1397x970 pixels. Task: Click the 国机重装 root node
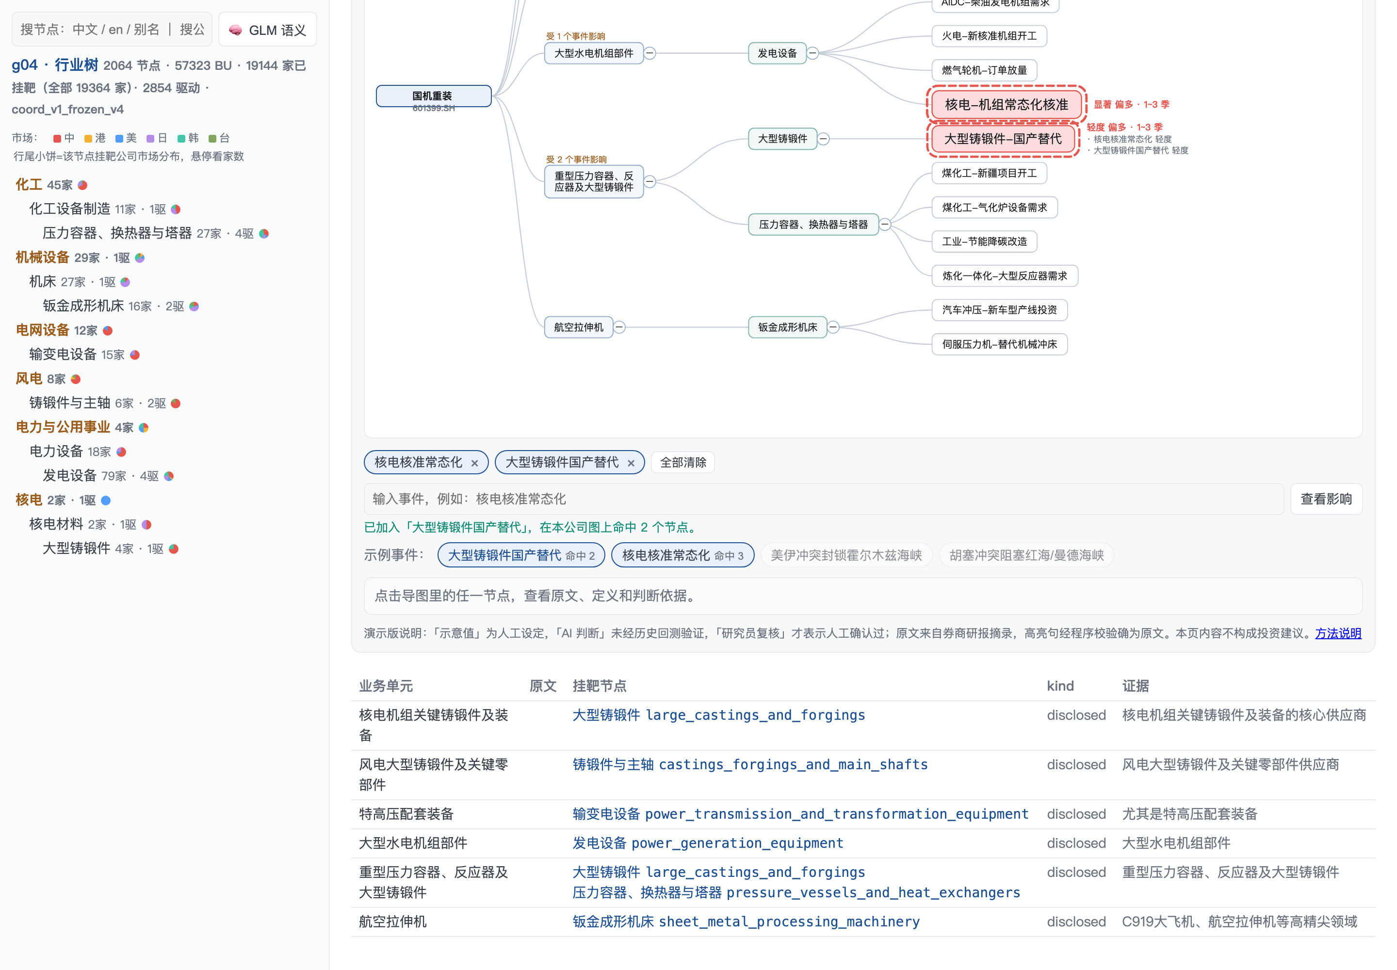coord(434,96)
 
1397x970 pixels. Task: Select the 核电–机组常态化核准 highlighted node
coord(1006,105)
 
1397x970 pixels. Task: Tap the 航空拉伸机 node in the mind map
coord(578,327)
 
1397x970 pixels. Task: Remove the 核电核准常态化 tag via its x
coord(475,463)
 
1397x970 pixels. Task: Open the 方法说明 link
coord(1337,633)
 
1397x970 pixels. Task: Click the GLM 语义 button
coord(267,30)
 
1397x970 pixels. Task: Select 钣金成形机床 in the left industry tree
coord(83,306)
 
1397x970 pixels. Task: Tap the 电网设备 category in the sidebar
coord(43,330)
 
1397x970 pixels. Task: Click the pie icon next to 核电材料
coord(146,524)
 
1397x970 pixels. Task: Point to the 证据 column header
coord(1135,686)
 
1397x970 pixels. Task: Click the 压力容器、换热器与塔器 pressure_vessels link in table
coord(796,892)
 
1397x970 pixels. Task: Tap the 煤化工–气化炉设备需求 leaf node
coord(994,207)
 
